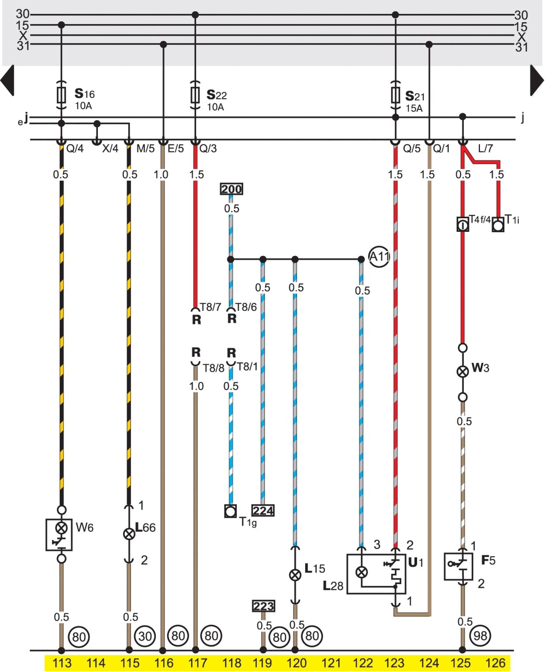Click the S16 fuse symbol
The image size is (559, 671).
(62, 94)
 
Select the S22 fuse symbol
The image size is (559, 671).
(195, 94)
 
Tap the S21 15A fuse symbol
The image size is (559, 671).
(395, 94)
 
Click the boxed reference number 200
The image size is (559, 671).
(231, 189)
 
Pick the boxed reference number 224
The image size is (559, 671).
(263, 510)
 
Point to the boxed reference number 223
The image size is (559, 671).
(264, 606)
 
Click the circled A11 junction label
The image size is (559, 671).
(379, 256)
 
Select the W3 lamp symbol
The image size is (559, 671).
(462, 372)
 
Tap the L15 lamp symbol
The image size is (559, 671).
(295, 575)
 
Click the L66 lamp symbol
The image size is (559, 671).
(129, 533)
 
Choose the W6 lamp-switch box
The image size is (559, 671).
(59, 534)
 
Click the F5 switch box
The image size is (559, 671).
(458, 566)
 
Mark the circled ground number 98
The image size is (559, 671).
(480, 636)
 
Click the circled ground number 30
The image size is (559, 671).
(145, 636)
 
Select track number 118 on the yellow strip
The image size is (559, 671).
(231, 663)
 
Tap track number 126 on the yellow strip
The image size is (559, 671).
(495, 663)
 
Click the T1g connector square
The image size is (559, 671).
(231, 511)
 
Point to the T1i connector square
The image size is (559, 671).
(498, 225)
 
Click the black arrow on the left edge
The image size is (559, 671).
(8, 80)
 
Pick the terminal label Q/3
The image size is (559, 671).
(208, 148)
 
